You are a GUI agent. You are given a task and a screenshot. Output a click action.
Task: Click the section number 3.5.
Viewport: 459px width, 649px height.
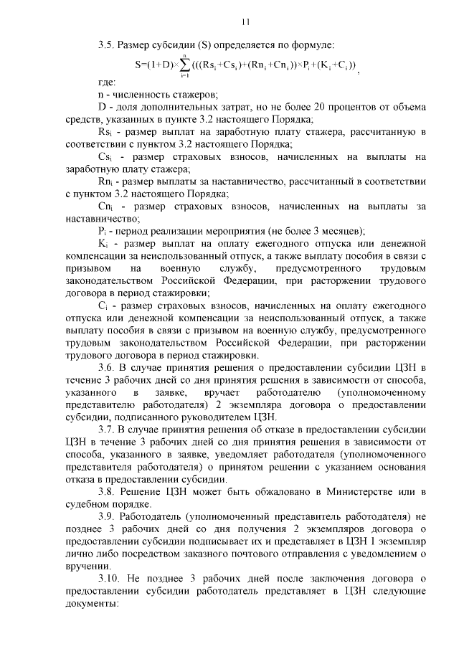pos(107,45)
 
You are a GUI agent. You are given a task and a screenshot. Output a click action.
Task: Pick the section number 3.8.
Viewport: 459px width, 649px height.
pos(107,490)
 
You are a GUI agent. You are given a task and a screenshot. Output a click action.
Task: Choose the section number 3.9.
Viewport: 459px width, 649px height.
pos(107,516)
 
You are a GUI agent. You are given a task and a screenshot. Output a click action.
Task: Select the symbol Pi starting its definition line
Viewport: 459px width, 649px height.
pos(101,230)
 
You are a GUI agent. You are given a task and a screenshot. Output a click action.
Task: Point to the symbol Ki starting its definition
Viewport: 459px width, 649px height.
pos(101,242)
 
